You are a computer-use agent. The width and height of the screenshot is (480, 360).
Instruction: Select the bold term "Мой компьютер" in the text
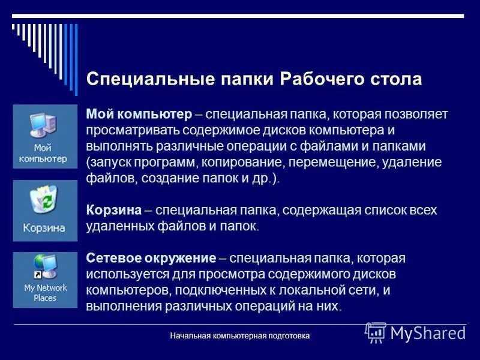point(139,114)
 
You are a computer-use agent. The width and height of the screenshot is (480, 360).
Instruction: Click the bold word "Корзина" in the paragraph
point(114,211)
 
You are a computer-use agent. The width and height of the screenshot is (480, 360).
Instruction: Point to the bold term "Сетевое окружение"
point(151,259)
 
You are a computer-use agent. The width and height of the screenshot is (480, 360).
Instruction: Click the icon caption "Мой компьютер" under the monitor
point(44,154)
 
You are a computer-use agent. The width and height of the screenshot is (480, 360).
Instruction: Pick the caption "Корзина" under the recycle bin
point(44,229)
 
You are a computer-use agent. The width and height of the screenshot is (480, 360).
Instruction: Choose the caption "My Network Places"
point(45,293)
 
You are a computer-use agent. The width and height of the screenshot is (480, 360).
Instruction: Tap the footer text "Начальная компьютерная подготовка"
point(240,336)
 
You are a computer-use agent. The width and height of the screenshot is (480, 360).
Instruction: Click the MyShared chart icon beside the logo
point(376,332)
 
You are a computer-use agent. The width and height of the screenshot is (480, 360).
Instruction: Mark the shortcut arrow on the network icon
point(37,275)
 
